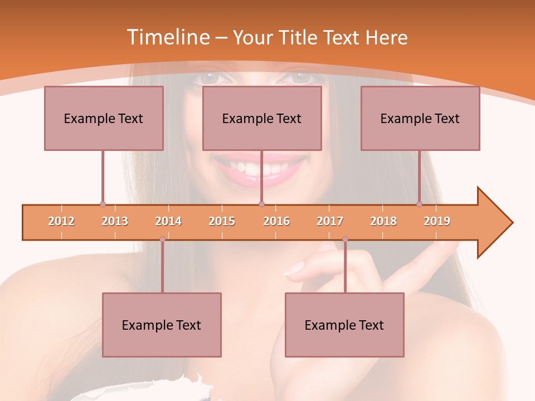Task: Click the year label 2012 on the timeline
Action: click(61, 221)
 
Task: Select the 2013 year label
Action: click(115, 221)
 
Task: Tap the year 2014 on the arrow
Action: click(168, 221)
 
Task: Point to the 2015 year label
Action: click(222, 221)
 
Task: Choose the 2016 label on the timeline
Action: click(276, 221)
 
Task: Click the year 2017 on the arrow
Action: click(330, 221)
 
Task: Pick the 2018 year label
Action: click(383, 221)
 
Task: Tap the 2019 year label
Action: click(437, 221)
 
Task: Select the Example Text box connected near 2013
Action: click(104, 118)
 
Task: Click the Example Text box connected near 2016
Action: click(262, 118)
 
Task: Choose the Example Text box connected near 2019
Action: click(420, 118)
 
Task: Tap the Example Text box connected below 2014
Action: click(162, 325)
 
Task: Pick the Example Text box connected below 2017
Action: click(344, 325)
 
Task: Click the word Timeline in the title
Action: click(168, 37)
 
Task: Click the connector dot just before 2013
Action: click(103, 204)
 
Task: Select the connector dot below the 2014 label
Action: click(162, 239)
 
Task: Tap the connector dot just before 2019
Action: click(419, 204)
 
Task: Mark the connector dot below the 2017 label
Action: click(345, 239)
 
